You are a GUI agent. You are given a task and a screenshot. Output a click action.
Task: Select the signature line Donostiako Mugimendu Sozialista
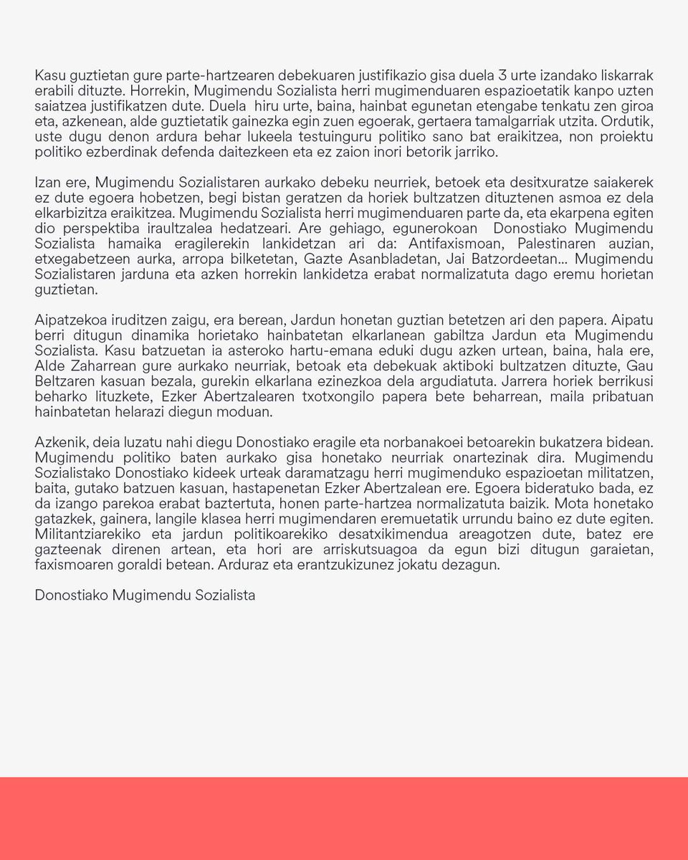[x=145, y=596]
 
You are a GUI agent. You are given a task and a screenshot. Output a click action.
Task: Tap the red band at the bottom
[x=344, y=818]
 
